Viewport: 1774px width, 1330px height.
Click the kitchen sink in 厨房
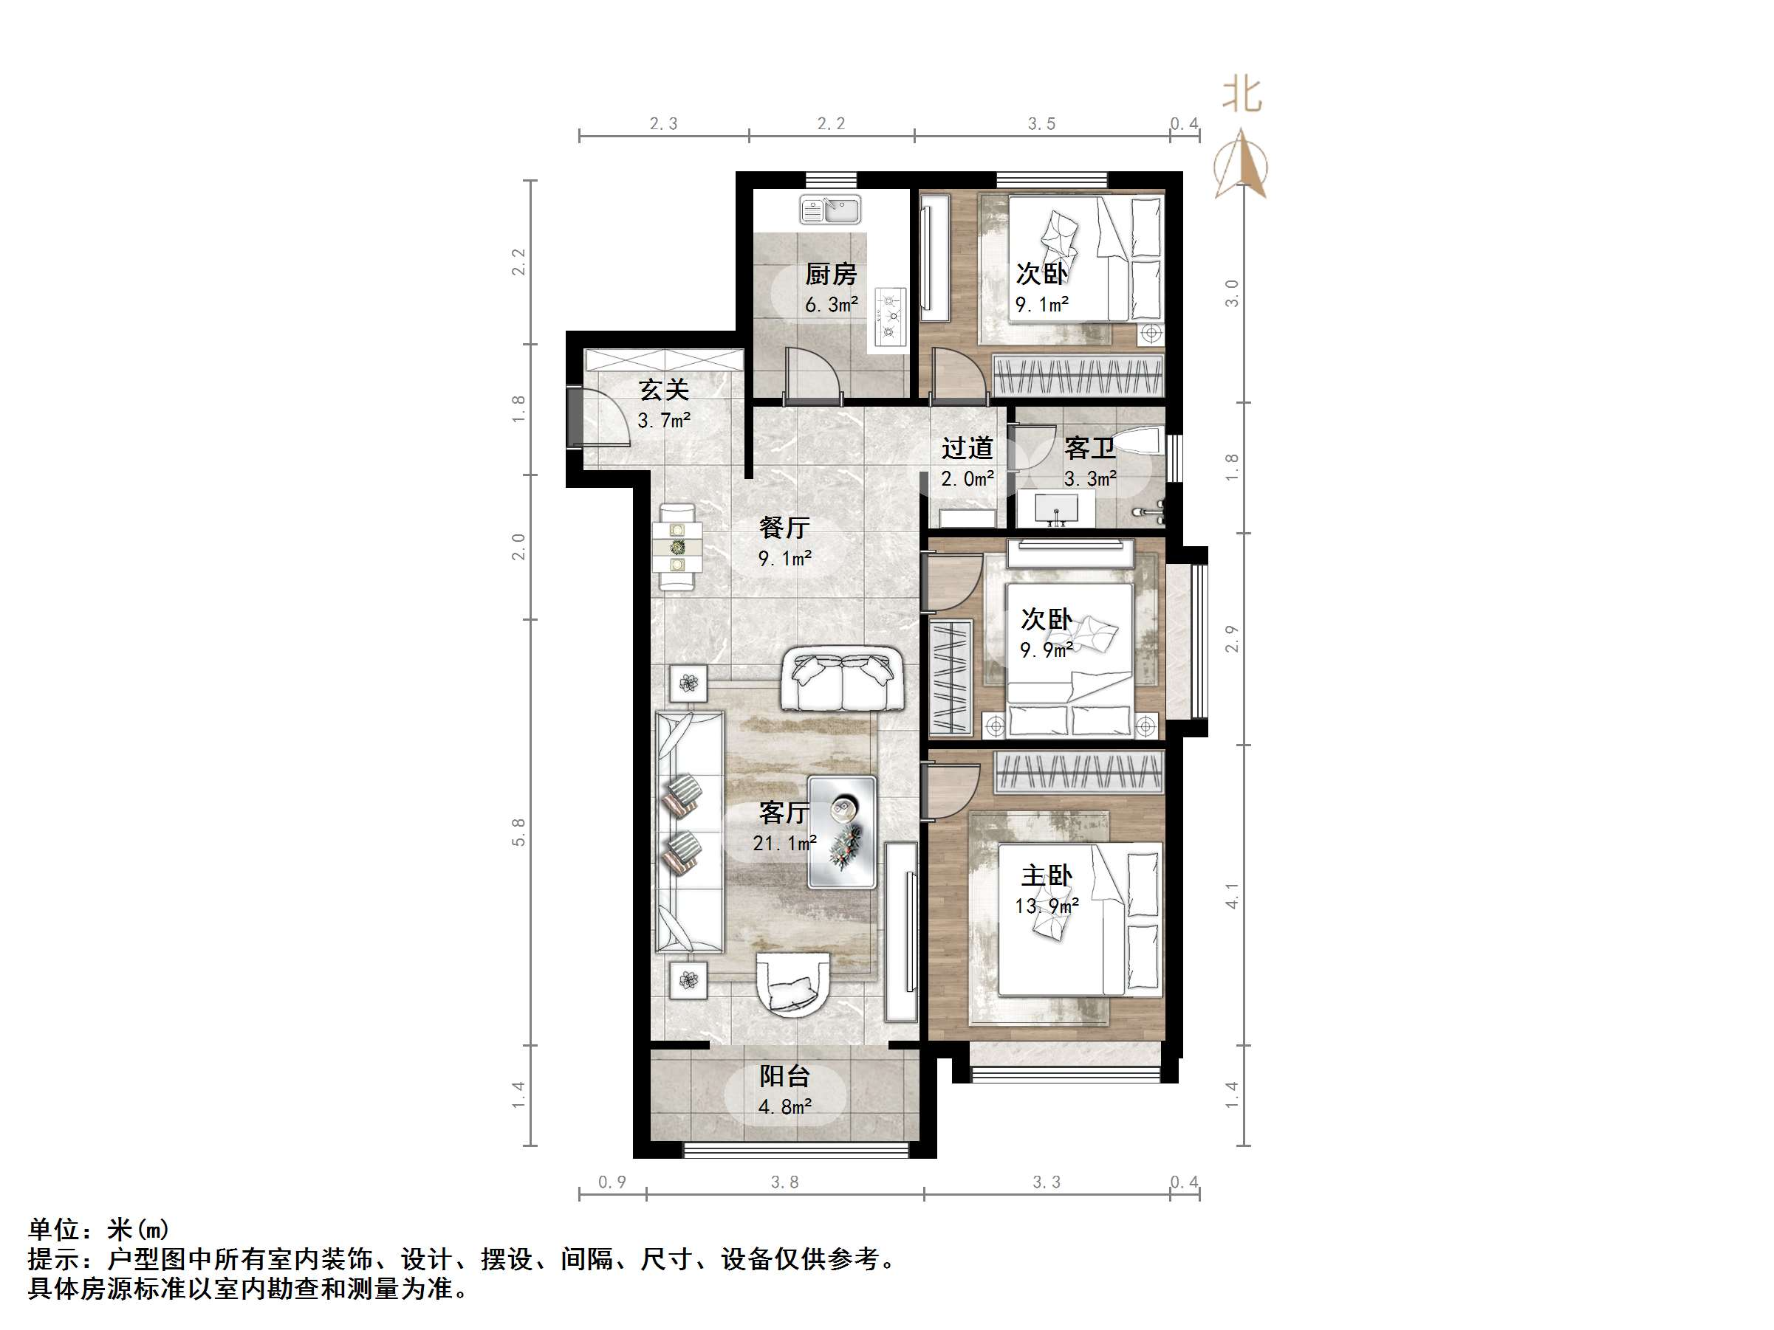coord(830,210)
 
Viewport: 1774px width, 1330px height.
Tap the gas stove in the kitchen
coord(889,317)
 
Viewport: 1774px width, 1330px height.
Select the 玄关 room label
coord(664,390)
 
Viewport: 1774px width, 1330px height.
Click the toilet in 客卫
coord(1140,443)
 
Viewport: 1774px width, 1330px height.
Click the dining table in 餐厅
coord(678,548)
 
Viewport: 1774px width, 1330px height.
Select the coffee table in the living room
coord(842,832)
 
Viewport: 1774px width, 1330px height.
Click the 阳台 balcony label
coord(784,1076)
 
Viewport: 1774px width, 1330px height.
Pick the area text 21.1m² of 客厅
coord(784,844)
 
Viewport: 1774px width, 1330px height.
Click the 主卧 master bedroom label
coord(1047,875)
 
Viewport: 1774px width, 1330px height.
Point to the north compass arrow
coord(1241,165)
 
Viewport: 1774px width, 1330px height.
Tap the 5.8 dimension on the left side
coord(519,832)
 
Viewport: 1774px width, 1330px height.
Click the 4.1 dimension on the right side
coord(1232,895)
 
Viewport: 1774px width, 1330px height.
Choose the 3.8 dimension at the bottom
coord(784,1182)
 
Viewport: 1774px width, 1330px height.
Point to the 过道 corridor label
coord(968,448)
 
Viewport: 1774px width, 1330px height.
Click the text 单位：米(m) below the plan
coord(99,1229)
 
